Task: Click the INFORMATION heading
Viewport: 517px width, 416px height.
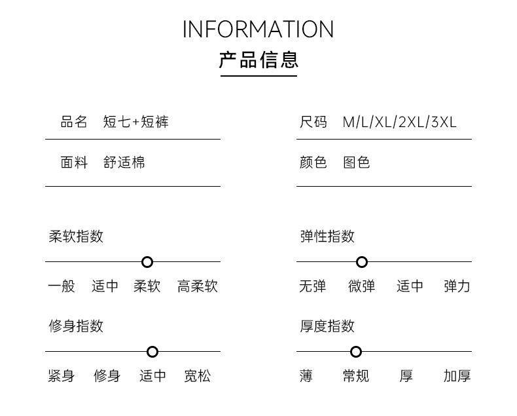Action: [258, 29]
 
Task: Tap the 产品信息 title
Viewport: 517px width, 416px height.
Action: [258, 60]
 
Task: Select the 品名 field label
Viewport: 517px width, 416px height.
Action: [74, 122]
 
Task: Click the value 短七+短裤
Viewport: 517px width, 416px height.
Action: [136, 122]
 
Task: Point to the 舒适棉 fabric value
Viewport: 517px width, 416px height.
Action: [124, 162]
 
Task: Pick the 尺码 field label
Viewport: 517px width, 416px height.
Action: [313, 122]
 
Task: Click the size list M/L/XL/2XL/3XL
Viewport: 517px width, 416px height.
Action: [400, 122]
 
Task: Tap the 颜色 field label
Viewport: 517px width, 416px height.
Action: [313, 162]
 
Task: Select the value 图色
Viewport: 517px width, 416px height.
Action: [357, 162]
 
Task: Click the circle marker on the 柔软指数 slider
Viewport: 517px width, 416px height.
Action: [147, 262]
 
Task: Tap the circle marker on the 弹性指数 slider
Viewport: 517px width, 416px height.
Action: [362, 262]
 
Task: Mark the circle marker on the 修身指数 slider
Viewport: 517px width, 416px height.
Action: [152, 352]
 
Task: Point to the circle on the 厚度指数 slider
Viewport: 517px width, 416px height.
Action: [356, 352]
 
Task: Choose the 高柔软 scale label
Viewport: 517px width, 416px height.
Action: [197, 286]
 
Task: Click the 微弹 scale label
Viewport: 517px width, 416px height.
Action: [362, 286]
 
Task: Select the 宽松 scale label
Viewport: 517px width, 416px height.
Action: [197, 376]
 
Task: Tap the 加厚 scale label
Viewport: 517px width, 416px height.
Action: [457, 376]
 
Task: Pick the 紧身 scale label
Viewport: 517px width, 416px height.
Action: [62, 376]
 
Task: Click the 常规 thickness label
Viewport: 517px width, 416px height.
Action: [356, 376]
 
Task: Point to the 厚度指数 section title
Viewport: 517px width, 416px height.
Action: [327, 326]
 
